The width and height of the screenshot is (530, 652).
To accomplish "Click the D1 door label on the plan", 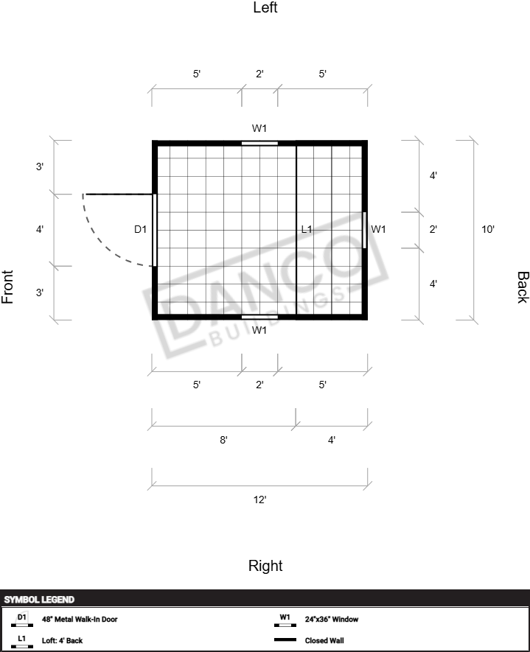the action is point(140,229).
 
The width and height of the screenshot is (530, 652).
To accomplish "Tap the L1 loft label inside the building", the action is point(307,229).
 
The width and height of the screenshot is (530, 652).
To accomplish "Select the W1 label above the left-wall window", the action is point(259,128).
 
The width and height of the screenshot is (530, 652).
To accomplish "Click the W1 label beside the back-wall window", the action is point(378,229).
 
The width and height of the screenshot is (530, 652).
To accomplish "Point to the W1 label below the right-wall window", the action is point(259,330).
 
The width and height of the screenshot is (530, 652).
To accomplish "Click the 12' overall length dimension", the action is point(260,499).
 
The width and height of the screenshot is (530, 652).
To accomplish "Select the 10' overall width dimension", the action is point(488,229).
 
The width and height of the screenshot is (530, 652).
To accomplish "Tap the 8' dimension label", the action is point(224,440).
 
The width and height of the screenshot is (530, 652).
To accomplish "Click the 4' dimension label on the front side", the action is point(40,229).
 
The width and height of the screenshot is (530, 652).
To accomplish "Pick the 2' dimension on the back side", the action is point(433,229).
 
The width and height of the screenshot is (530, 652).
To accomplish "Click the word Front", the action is point(7,287).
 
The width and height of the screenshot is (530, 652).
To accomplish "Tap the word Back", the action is point(523,287).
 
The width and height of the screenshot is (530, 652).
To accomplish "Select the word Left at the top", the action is point(265,7).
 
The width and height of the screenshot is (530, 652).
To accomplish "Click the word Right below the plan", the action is point(265,566).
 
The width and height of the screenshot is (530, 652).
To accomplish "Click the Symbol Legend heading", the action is point(39,600).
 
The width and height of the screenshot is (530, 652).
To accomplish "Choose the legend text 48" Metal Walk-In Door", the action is point(80,619).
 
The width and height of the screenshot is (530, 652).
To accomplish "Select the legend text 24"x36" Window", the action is point(332,619).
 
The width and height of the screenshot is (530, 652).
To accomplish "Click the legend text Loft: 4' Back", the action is point(62,640).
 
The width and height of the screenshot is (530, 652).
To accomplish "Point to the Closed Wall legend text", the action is point(324,640).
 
